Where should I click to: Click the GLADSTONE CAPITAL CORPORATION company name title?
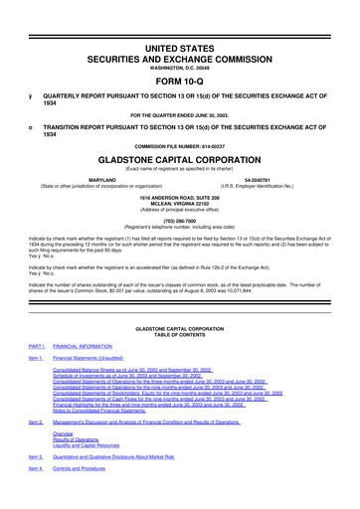click(179, 159)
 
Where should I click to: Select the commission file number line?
click(179, 146)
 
